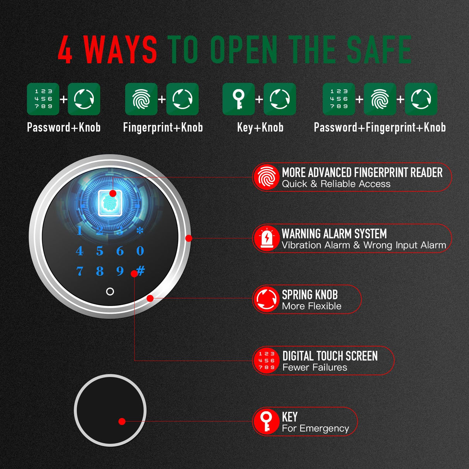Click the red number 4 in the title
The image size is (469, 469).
[x=65, y=50]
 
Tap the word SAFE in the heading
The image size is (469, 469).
[x=379, y=50]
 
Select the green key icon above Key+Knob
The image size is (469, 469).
[x=238, y=99]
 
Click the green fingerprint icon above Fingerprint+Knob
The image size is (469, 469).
[x=141, y=99]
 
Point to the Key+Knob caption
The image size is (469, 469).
[x=260, y=127]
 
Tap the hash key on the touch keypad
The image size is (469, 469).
[x=141, y=270]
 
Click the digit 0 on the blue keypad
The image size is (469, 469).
[x=140, y=251]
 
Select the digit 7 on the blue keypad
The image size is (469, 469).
[x=80, y=271]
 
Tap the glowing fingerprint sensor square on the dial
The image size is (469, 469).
[x=110, y=203]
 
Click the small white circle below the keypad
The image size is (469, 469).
[x=110, y=291]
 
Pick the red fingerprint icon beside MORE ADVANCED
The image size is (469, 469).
[x=267, y=177]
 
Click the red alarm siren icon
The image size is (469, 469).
[x=267, y=238]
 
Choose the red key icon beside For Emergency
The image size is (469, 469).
[x=267, y=421]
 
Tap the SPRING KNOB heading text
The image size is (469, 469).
[x=310, y=294]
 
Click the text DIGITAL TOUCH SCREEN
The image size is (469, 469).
[x=330, y=356]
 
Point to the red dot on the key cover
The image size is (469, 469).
[x=122, y=421]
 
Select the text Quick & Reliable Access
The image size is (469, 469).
[x=336, y=184]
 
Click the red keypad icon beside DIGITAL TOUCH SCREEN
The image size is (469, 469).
[x=267, y=360]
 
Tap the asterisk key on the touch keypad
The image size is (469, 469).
[x=140, y=230]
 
